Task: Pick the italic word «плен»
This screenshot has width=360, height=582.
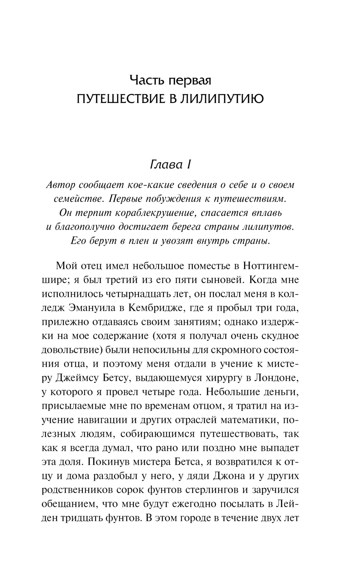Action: pos(138,241)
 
